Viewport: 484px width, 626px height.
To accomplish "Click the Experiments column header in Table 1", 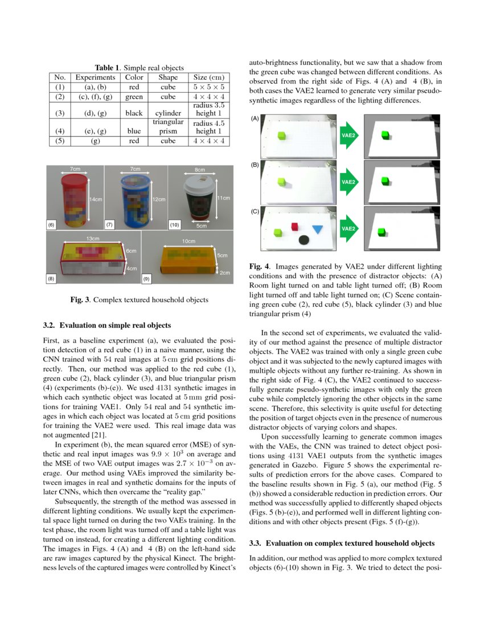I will (96, 77).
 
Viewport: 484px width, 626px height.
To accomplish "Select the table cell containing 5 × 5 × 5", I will (208, 87).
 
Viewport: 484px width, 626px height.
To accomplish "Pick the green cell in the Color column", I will (134, 97).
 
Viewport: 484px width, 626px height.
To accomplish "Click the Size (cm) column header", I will (208, 77).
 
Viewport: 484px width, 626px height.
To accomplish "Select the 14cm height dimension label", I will (96, 199).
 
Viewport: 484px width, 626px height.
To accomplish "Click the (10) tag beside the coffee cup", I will (175, 225).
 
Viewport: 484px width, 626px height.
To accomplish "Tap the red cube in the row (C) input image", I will (295, 227).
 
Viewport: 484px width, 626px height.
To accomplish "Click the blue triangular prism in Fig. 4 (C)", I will (317, 230).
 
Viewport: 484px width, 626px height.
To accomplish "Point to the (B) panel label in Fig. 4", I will (255, 165).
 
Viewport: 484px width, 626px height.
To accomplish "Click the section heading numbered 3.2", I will (107, 325).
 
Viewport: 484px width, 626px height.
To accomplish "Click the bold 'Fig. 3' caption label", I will (80, 300).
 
